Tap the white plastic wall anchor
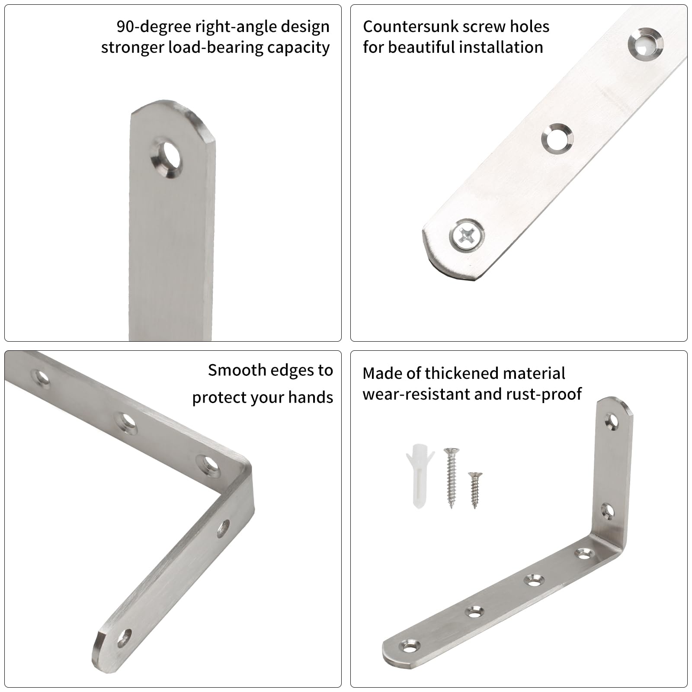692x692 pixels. (x=418, y=476)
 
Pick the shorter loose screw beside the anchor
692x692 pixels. (x=474, y=490)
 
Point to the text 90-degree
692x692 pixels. (x=154, y=27)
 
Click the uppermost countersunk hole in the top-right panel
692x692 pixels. (x=645, y=43)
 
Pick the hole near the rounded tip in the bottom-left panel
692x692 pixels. (x=125, y=638)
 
